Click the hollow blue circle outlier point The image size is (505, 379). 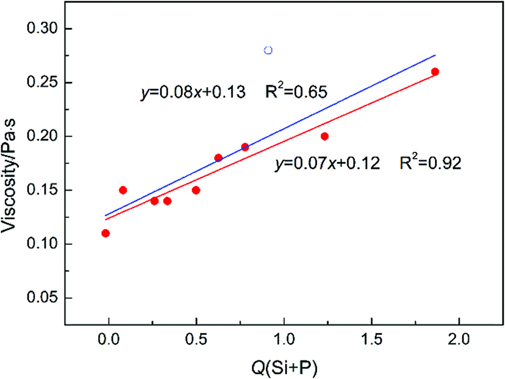pos(268,50)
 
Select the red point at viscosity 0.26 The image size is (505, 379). pos(435,72)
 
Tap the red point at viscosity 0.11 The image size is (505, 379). pos(105,233)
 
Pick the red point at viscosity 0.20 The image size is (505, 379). pos(324,136)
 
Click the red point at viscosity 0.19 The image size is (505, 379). pos(245,147)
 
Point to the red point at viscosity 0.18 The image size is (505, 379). pos(219,158)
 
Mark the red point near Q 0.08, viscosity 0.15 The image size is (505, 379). pos(123,190)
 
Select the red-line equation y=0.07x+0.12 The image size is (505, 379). pos(329,164)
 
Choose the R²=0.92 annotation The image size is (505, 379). pos(431,163)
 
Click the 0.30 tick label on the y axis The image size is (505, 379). pos(45,29)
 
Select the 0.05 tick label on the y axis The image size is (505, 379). pos(45,298)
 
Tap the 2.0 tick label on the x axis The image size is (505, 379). pos(459,341)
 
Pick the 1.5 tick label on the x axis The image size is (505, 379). pos(371,341)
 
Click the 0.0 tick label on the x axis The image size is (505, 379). pos(108,341)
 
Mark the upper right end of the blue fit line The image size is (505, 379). pos(435,54)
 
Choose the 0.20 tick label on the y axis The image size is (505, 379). pos(45,136)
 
